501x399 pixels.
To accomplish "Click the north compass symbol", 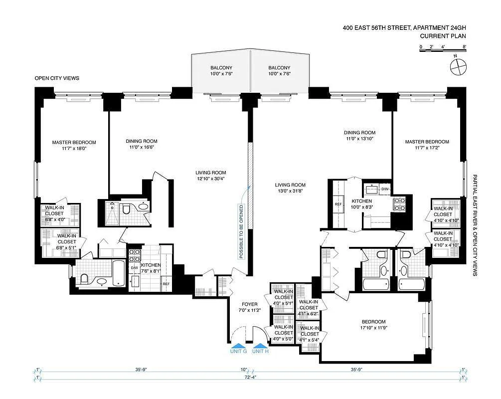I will tap(458, 65).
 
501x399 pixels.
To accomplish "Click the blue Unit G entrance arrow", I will tap(238, 346).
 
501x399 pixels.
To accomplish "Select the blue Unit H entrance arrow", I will tap(260, 346).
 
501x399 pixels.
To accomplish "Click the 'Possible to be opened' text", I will tap(241, 231).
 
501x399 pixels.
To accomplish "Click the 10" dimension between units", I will tap(244, 370).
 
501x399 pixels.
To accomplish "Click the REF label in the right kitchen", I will tap(338, 204).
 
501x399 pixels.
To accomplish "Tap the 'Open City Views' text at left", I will tap(57, 78).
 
